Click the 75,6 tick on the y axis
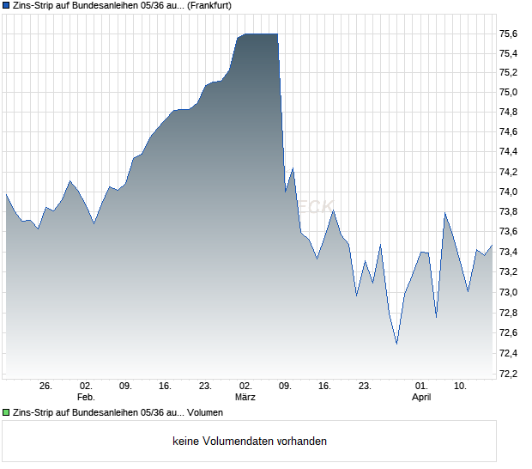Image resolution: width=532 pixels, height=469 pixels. click(508, 33)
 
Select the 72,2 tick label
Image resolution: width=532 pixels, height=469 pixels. click(508, 374)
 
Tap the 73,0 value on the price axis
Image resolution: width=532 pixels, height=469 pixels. click(508, 293)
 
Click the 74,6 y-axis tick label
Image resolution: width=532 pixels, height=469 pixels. click(508, 132)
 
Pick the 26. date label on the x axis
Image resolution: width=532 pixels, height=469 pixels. click(46, 387)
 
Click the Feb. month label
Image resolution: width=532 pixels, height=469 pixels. click(86, 398)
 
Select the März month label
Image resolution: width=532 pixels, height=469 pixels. click(245, 398)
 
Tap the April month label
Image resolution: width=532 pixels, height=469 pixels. click(421, 398)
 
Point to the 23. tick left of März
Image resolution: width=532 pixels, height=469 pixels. click(206, 387)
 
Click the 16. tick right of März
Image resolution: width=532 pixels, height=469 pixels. click(324, 387)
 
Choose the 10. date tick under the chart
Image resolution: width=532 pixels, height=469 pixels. click(461, 387)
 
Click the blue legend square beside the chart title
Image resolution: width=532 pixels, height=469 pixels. click(6, 5)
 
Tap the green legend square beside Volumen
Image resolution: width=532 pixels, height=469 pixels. click(6, 412)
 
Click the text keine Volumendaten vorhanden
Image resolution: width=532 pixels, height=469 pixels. click(250, 442)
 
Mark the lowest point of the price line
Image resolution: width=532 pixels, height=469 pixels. click(396, 344)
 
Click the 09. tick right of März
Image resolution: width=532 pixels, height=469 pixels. click(285, 387)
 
